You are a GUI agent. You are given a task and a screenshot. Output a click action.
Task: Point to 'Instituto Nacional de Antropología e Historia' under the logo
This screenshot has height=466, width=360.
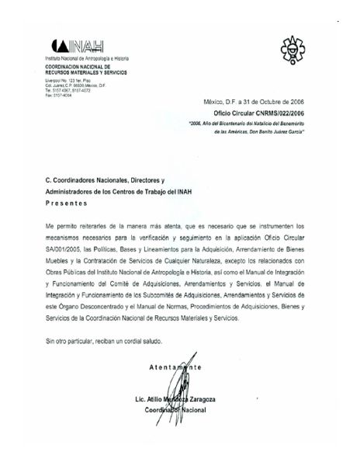[x=84, y=59]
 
